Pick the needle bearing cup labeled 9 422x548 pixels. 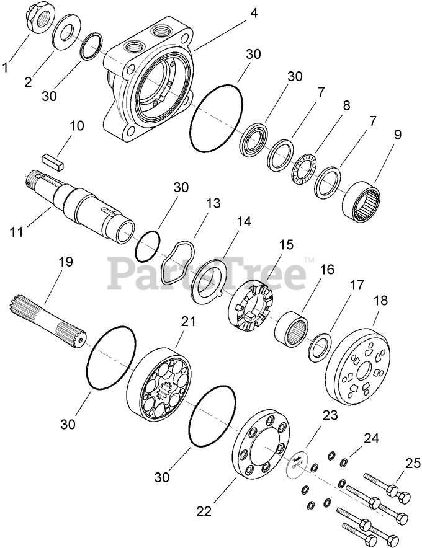[362, 199]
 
